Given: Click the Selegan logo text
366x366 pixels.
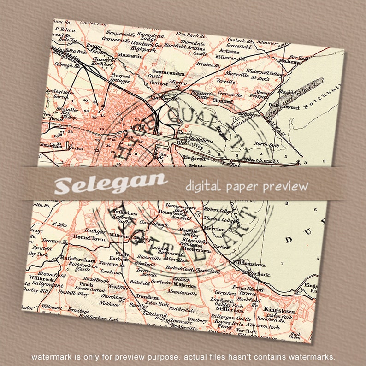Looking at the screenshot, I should click(x=111, y=183).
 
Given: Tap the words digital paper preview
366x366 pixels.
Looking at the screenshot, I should click(x=246, y=186).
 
